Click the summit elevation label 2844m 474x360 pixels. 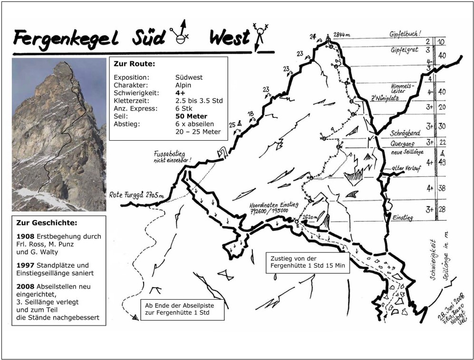coord(342,35)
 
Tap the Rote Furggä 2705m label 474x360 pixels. coord(135,194)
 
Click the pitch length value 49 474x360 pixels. coord(442,163)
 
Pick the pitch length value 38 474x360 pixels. coord(442,188)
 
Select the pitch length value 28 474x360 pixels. coord(442,209)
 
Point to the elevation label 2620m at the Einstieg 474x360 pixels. coord(310,217)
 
